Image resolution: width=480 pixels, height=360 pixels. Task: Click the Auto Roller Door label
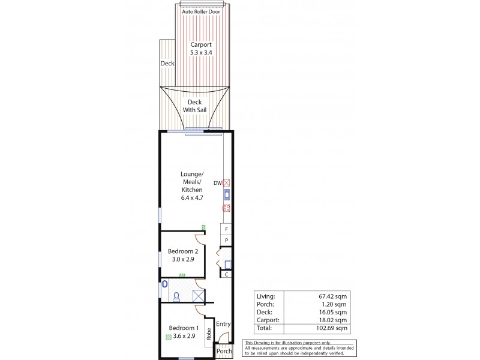click(x=200, y=10)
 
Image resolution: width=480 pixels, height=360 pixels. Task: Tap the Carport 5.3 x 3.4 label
click(x=200, y=48)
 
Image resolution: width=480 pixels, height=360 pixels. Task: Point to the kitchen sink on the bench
click(x=227, y=194)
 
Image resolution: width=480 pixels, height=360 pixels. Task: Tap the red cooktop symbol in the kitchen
click(x=227, y=209)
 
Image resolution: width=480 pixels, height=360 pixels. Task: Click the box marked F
click(x=226, y=229)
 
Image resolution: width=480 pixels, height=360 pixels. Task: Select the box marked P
click(x=226, y=241)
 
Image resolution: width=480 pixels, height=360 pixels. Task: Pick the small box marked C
click(x=226, y=274)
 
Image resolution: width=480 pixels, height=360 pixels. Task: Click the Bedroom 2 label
click(x=183, y=255)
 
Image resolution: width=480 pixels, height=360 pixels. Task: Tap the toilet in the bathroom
click(x=176, y=296)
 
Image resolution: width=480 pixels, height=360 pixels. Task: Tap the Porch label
click(x=224, y=352)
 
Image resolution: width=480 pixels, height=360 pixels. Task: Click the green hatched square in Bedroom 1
click(x=169, y=337)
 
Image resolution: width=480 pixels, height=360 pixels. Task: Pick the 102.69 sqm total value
click(x=335, y=329)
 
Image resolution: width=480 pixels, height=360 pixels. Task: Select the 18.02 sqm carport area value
click(x=335, y=320)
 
